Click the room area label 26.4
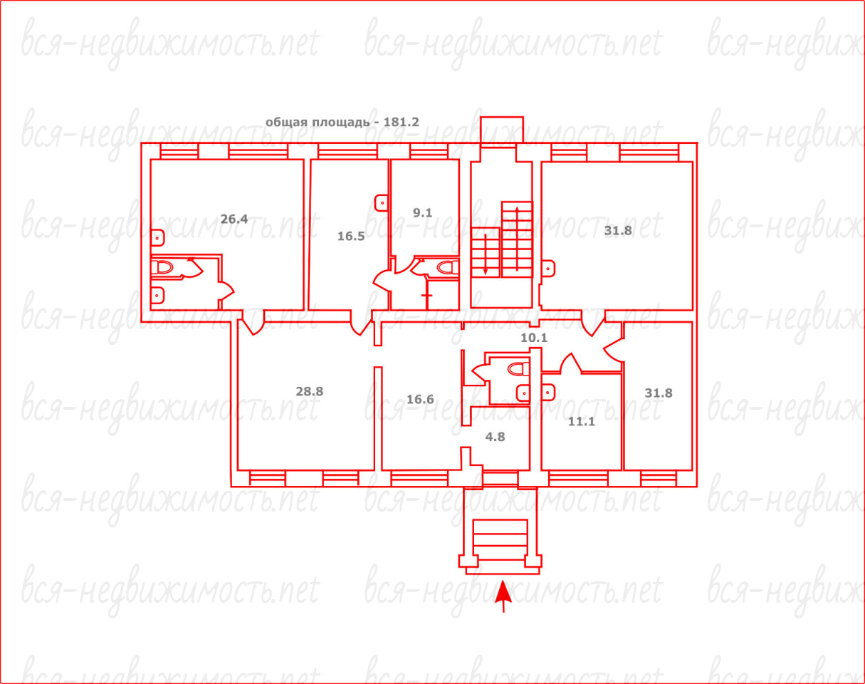pyautogui.click(x=234, y=219)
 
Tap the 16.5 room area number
pyautogui.click(x=351, y=236)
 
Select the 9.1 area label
pyautogui.click(x=422, y=213)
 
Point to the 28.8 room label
pyautogui.click(x=310, y=391)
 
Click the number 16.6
pyautogui.click(x=420, y=400)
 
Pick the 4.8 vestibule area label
pyautogui.click(x=496, y=437)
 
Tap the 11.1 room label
pyautogui.click(x=581, y=422)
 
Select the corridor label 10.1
pyautogui.click(x=534, y=338)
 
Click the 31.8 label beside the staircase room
pyautogui.click(x=618, y=231)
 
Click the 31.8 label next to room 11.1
pyautogui.click(x=659, y=393)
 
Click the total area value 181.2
pyautogui.click(x=401, y=122)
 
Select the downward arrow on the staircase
pyautogui.click(x=485, y=254)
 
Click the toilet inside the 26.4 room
pyautogui.click(x=162, y=267)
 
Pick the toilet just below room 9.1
pyautogui.click(x=447, y=267)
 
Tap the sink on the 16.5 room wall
pyautogui.click(x=382, y=203)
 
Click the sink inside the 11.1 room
pyautogui.click(x=548, y=393)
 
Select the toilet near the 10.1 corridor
pyautogui.click(x=518, y=368)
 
